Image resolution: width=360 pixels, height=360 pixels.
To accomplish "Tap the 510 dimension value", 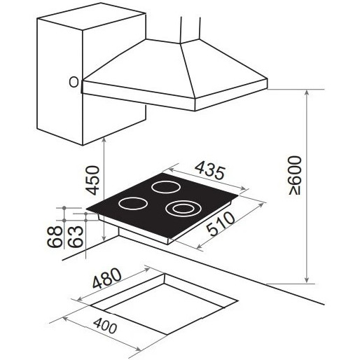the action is click(221, 223).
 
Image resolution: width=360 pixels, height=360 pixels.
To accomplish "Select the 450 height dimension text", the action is click(92, 180).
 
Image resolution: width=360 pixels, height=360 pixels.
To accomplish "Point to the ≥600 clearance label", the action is click(295, 176).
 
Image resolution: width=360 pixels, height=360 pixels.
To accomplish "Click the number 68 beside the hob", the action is click(55, 236).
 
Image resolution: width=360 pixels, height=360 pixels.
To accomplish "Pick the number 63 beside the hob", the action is click(76, 236).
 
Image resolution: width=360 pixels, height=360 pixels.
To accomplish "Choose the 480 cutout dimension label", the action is click(107, 278).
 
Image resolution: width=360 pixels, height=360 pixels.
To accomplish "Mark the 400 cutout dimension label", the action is click(105, 326).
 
